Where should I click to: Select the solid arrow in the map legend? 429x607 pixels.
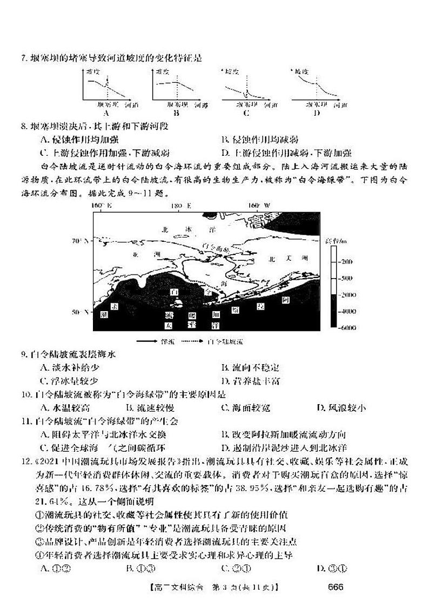coord(147,342)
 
